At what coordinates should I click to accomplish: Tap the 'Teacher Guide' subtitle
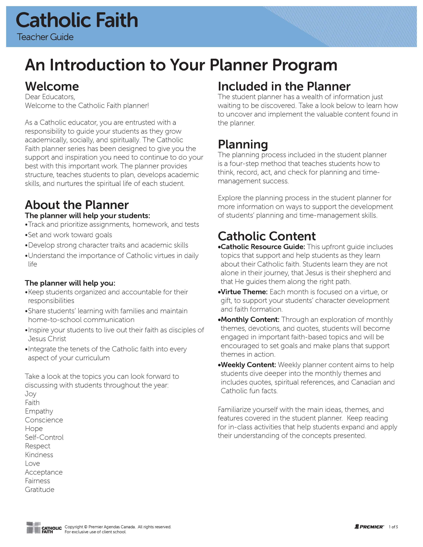tap(45, 37)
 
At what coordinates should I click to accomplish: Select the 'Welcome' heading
tap(52, 86)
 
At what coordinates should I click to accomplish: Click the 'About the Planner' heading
tap(77, 205)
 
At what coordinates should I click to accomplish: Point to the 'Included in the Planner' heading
tap(284, 86)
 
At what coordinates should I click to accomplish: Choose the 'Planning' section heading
tap(243, 145)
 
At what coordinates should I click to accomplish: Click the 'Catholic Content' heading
tap(267, 236)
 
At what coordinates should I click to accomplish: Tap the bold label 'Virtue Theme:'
tap(244, 292)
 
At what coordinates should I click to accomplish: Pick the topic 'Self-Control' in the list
tap(44, 437)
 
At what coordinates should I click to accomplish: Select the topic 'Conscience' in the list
tap(44, 420)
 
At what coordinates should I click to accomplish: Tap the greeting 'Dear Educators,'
tap(50, 97)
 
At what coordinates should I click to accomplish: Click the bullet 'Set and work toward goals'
tap(70, 235)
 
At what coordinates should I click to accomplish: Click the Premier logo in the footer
tap(369, 527)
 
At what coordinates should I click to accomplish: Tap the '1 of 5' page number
tap(393, 527)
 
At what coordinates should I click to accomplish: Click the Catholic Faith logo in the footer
tap(44, 528)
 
